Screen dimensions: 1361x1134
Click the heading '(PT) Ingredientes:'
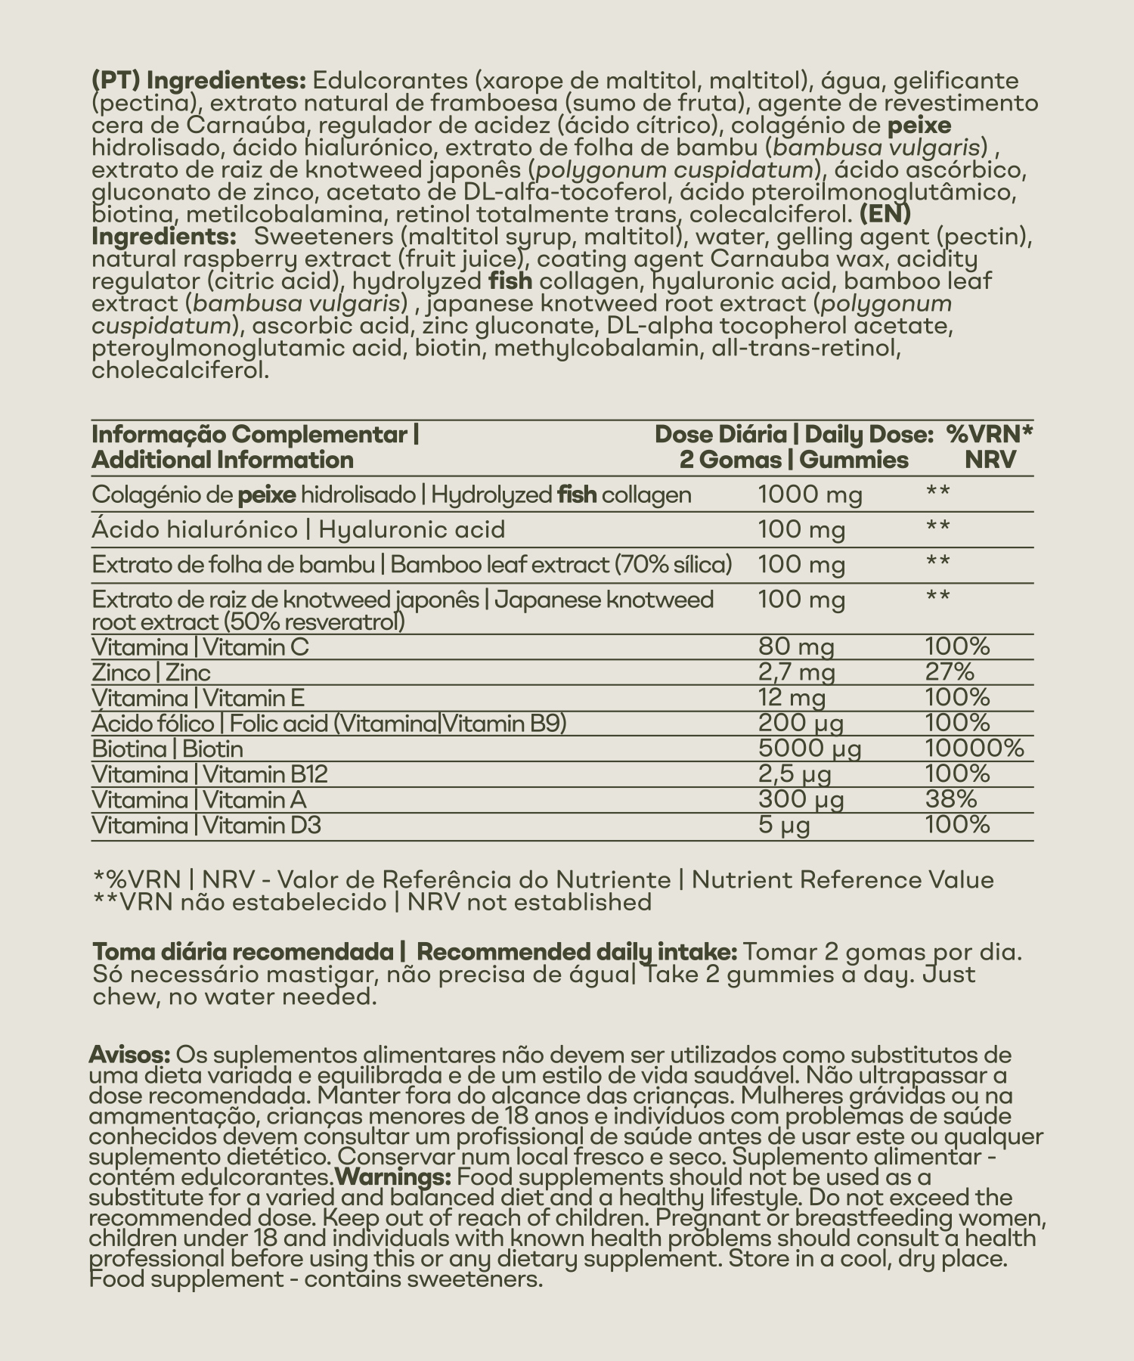tap(197, 80)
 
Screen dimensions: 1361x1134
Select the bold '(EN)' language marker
tap(885, 214)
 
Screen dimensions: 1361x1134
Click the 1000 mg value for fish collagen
tap(810, 494)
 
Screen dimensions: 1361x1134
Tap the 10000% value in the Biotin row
tap(974, 749)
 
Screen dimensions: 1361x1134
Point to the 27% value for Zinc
tap(950, 672)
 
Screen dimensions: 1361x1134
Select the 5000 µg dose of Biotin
tap(810, 749)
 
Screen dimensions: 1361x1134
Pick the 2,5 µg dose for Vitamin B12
tap(795, 774)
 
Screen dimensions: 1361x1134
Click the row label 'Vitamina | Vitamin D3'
tap(206, 825)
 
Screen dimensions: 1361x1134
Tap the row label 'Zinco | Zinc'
tap(151, 672)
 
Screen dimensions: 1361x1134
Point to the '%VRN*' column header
tap(990, 435)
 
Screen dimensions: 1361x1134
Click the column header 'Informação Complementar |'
tap(256, 435)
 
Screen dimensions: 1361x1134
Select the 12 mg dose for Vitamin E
tap(792, 698)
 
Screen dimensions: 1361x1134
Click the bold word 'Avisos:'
tap(129, 1055)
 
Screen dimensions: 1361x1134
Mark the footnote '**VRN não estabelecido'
tap(239, 902)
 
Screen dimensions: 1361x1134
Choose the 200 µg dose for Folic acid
tap(801, 724)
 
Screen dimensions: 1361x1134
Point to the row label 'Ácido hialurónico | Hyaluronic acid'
tap(298, 529)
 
